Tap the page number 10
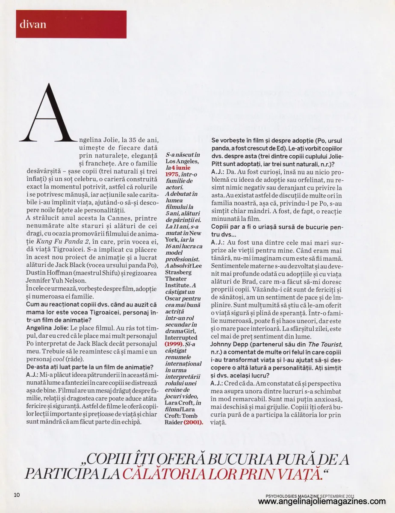(17, 495)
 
